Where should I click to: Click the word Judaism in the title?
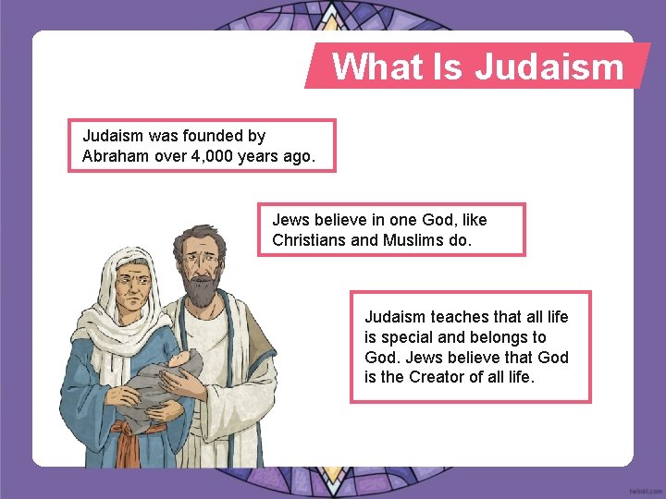coord(549,67)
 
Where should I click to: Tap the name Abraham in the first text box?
coord(116,156)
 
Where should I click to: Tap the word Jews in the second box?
coord(290,220)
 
